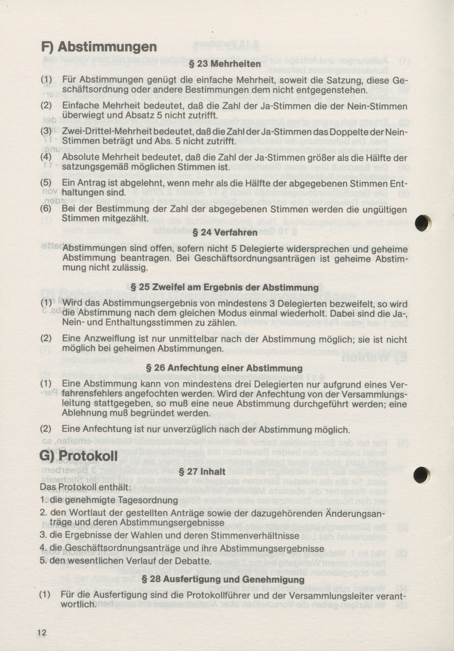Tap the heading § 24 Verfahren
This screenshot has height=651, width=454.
click(225, 233)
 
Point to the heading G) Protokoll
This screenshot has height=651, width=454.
click(79, 456)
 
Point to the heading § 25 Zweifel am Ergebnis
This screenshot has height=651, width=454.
click(224, 288)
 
